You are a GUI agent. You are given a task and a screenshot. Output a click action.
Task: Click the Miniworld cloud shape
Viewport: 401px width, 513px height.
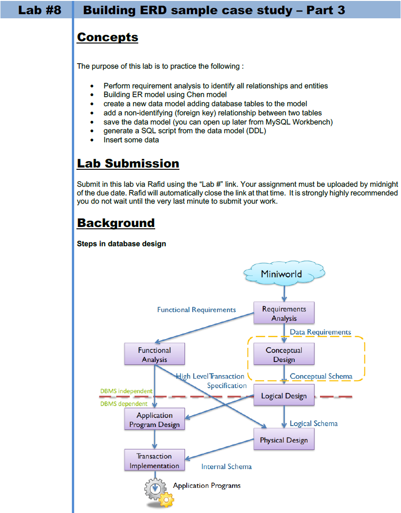tap(284, 274)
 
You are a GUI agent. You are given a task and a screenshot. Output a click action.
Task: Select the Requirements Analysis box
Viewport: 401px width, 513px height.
tap(284, 313)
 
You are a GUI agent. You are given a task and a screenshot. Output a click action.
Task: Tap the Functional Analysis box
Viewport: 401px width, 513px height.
tap(154, 355)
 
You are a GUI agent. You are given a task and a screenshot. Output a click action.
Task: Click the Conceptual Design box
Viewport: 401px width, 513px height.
tap(284, 355)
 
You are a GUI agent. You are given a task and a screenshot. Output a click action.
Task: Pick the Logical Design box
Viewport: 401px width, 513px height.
tap(284, 396)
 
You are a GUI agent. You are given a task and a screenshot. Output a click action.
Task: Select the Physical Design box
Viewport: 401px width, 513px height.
tap(284, 440)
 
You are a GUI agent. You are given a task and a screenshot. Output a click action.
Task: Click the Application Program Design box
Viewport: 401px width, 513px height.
tap(154, 420)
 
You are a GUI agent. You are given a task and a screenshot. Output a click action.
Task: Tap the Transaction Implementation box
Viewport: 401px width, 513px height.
tap(154, 461)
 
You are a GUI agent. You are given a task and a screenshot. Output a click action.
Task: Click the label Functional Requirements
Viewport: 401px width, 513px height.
tap(196, 310)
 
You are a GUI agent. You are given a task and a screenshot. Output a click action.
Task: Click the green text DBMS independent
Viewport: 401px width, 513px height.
tap(126, 391)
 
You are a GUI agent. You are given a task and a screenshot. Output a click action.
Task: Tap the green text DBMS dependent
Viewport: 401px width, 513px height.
tap(124, 404)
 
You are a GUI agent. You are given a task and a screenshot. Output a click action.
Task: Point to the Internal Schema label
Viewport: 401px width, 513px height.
tap(226, 466)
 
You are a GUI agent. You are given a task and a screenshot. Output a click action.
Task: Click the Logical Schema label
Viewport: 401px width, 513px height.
tap(314, 424)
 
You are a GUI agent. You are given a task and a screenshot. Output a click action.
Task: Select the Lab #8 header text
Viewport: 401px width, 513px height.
tap(40, 10)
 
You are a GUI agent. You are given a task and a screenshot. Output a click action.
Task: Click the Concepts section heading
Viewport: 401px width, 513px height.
tap(108, 37)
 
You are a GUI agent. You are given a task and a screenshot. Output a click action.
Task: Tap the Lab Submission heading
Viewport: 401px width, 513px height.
tap(128, 163)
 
